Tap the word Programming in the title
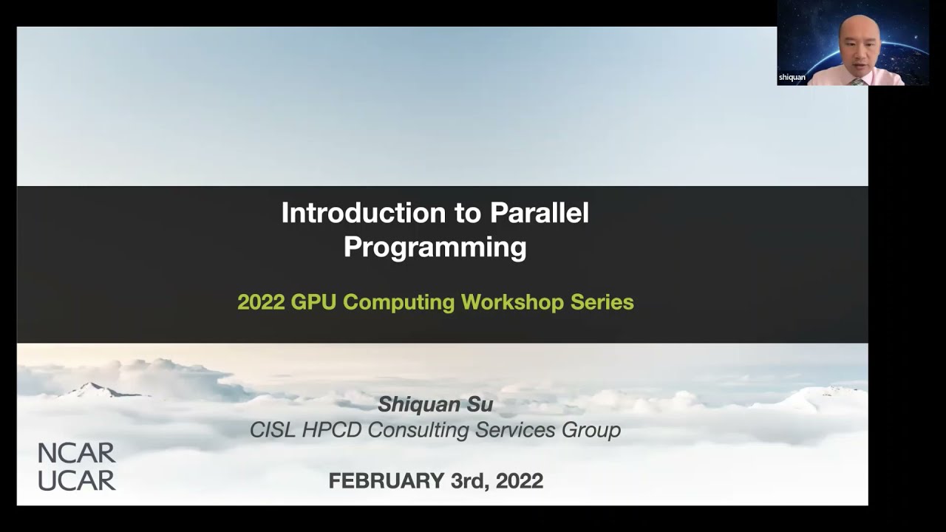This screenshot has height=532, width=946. (435, 248)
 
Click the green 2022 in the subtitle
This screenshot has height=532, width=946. (261, 302)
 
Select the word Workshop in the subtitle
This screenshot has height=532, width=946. (513, 302)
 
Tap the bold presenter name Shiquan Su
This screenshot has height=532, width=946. (435, 404)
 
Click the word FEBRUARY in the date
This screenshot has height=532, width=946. (386, 481)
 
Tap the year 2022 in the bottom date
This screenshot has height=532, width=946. (519, 481)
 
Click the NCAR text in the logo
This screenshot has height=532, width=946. (77, 453)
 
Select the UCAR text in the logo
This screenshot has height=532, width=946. (77, 480)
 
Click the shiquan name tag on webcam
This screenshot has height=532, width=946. (792, 78)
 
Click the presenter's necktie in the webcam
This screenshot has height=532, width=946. (857, 81)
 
